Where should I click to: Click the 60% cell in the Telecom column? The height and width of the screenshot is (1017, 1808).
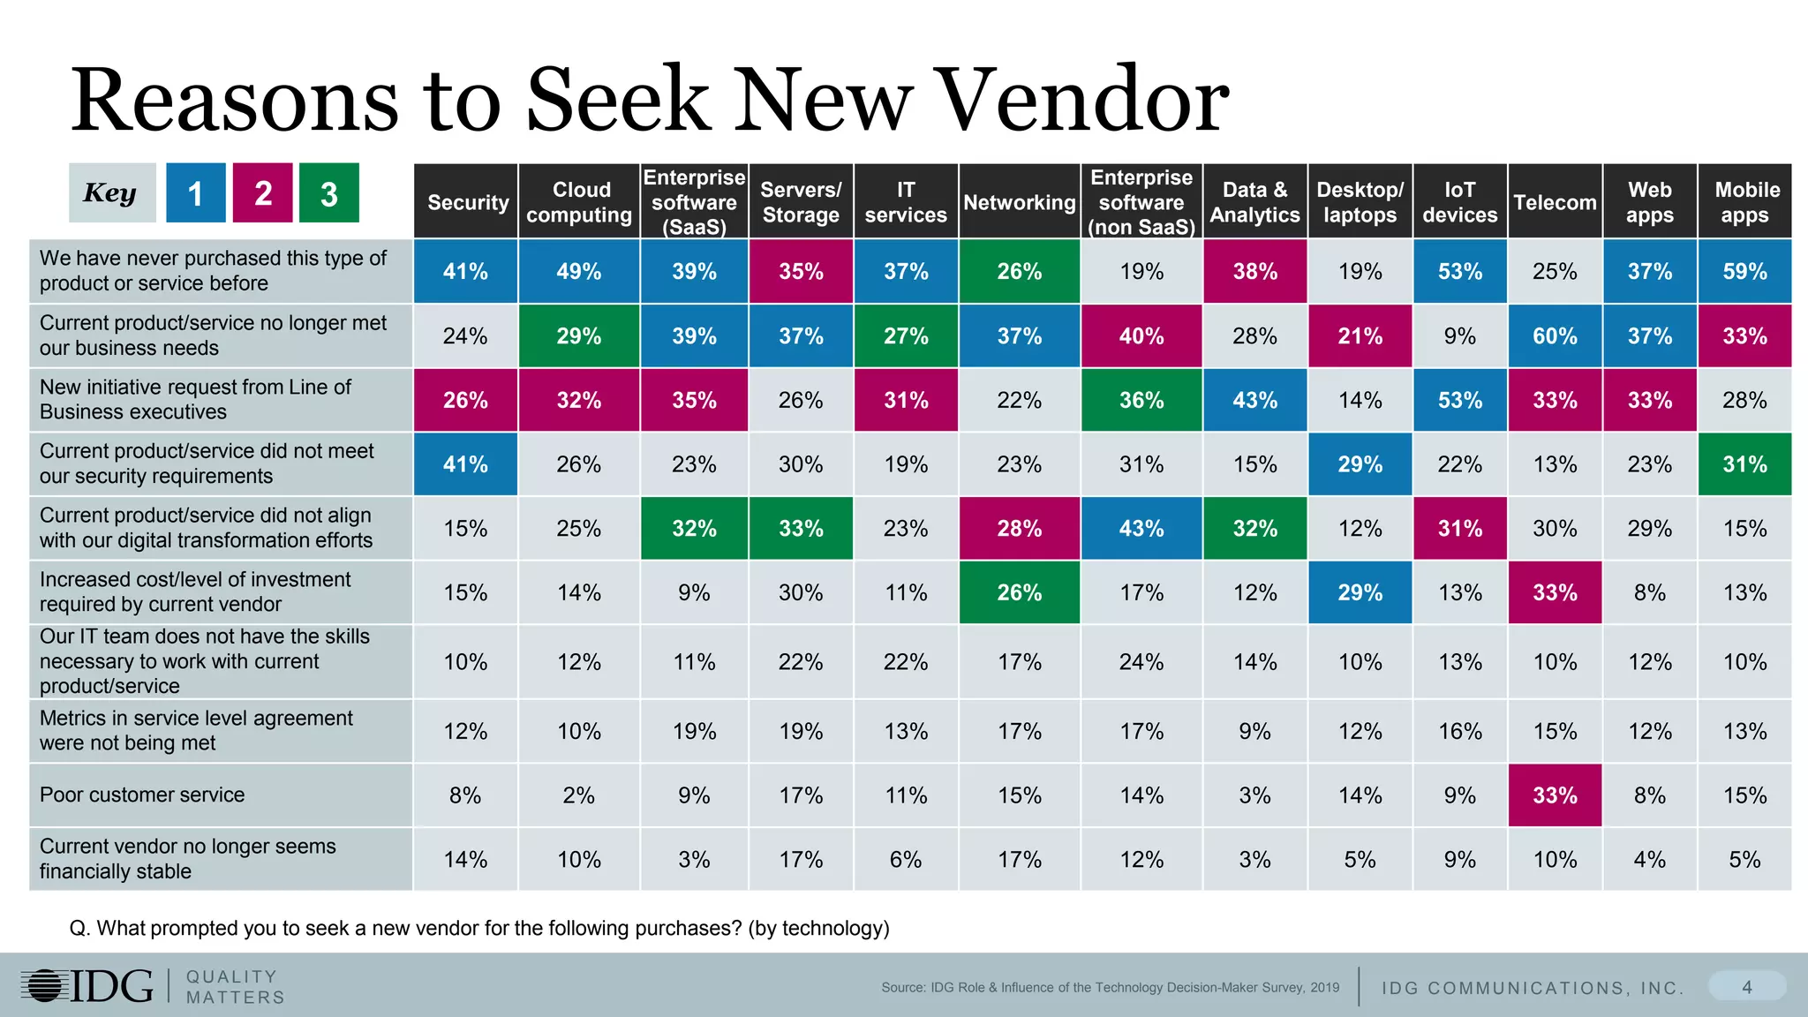(x=1554, y=335)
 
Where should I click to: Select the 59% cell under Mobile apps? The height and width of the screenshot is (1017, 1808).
(x=1744, y=271)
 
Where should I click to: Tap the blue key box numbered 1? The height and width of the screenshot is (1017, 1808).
(x=196, y=192)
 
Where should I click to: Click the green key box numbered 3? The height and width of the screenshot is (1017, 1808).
(x=328, y=192)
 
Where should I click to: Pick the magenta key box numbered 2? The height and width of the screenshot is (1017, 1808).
(x=262, y=192)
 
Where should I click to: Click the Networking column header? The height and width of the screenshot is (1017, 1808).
(x=1019, y=202)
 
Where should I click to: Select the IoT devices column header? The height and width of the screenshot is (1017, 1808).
(x=1459, y=202)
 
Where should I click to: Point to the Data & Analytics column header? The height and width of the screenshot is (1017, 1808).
(x=1254, y=202)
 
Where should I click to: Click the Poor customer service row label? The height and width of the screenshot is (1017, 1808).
(x=142, y=795)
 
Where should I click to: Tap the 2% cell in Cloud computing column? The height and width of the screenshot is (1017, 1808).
(x=578, y=795)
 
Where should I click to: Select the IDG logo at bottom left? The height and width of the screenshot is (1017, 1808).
(x=87, y=985)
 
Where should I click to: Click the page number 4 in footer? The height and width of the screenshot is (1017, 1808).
(x=1746, y=987)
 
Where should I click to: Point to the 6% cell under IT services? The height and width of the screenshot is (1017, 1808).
(x=905, y=859)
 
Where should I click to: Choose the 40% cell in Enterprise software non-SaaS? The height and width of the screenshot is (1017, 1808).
(x=1141, y=335)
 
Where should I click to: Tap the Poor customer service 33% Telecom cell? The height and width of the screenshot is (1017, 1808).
(x=1554, y=795)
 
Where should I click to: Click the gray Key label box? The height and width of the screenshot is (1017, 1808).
(x=111, y=192)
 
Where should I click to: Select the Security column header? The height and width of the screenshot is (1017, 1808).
(x=466, y=202)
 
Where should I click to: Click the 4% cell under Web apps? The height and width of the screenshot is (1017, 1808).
(x=1649, y=859)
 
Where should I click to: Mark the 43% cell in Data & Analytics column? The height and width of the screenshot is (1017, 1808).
(x=1254, y=400)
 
